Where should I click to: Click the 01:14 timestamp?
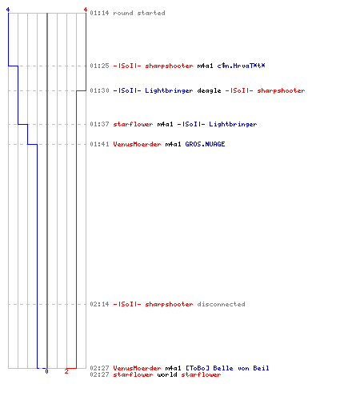pyautogui.click(x=99, y=13)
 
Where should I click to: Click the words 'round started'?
pyautogui.click(x=139, y=13)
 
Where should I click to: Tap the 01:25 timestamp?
pyautogui.click(x=99, y=66)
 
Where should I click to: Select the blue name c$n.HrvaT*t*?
pyautogui.click(x=241, y=66)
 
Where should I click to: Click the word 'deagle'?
pyautogui.click(x=209, y=90)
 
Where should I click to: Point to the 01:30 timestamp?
pyautogui.click(x=99, y=90)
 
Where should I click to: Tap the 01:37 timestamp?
pyautogui.click(x=99, y=124)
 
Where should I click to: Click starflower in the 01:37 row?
pyautogui.click(x=133, y=124)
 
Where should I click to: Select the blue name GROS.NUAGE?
pyautogui.click(x=205, y=144)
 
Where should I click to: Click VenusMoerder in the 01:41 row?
pyautogui.click(x=137, y=144)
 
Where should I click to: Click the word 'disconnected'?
pyautogui.click(x=221, y=304)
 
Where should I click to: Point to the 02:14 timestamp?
pyautogui.click(x=99, y=304)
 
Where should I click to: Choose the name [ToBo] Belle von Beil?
pyautogui.click(x=227, y=368)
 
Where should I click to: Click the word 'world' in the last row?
pyautogui.click(x=167, y=374)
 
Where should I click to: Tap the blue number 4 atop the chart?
pyautogui.click(x=8, y=10)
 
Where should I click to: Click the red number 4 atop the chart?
pyautogui.click(x=86, y=10)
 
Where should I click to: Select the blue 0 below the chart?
pyautogui.click(x=46, y=371)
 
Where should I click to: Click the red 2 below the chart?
pyautogui.click(x=66, y=371)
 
